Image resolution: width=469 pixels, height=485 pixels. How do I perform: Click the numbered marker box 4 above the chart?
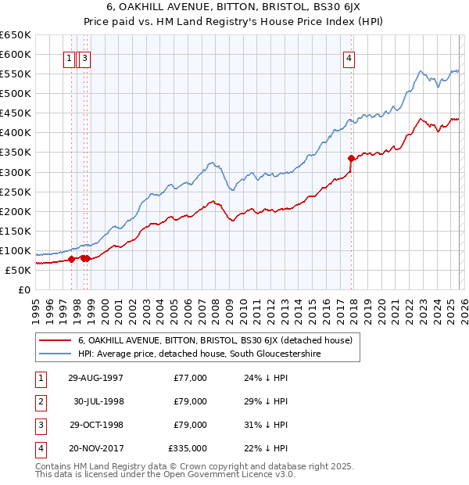(349, 57)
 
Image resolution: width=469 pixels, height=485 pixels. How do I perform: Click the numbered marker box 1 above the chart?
(69, 57)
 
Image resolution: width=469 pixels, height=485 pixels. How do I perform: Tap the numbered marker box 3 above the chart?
(84, 57)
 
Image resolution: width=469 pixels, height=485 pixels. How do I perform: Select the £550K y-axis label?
(16, 74)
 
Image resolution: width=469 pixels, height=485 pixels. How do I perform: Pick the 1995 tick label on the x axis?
(35, 306)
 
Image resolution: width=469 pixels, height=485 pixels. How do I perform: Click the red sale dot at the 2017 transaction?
(351, 158)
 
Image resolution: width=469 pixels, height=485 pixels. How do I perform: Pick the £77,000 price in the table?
(191, 378)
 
